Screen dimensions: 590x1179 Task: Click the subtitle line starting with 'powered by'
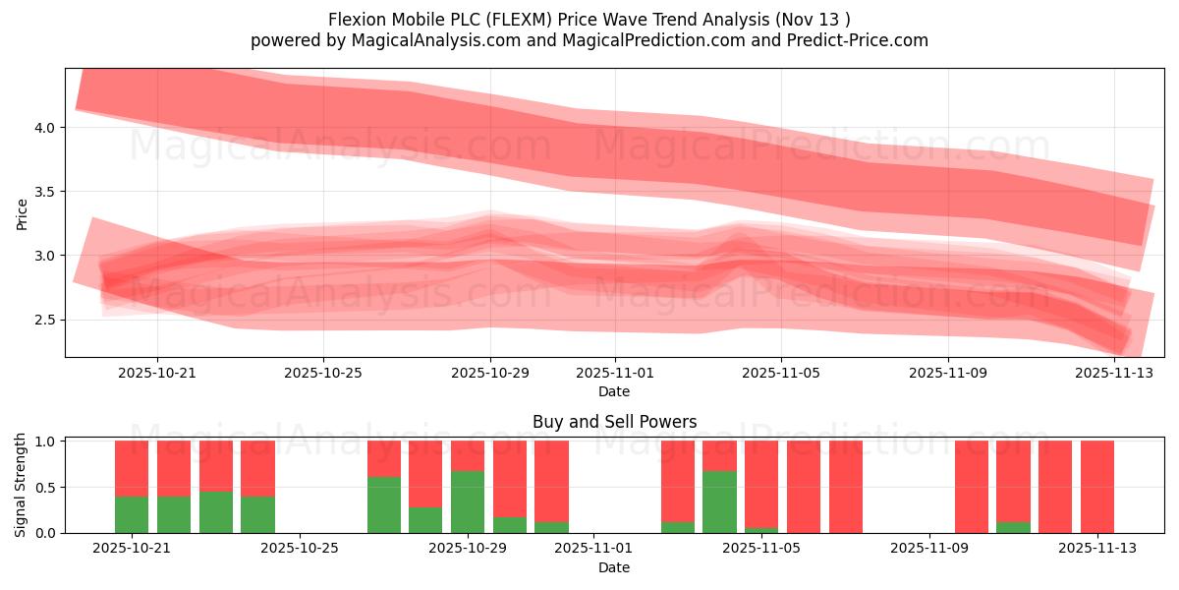point(589,40)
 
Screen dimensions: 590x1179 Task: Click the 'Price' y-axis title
point(22,213)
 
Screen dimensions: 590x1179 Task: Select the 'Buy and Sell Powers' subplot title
point(614,422)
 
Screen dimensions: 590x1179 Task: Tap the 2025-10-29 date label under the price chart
point(490,374)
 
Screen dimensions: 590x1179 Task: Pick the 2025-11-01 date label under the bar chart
point(593,549)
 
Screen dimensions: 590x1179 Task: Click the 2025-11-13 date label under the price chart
point(1114,374)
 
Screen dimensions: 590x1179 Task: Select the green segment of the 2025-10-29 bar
point(468,502)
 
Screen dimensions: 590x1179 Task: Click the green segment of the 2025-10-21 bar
point(132,514)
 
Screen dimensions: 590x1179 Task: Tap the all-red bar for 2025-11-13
point(1097,487)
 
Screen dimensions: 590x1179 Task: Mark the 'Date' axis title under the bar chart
point(614,567)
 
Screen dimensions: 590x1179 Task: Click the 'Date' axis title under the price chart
point(614,391)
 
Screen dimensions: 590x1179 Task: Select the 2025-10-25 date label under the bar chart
point(301,549)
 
